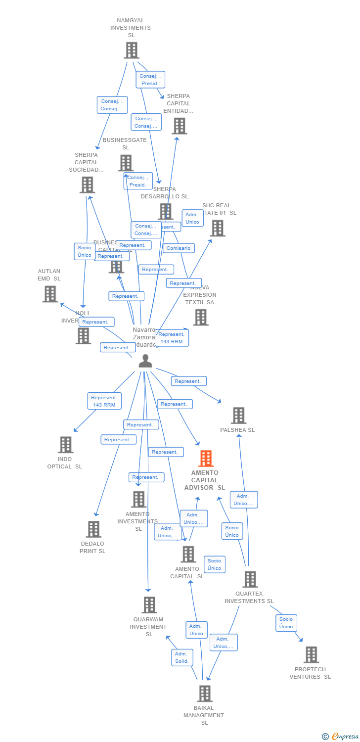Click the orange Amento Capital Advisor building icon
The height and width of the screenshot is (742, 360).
point(206,459)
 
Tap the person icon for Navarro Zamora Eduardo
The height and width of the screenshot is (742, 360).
point(145,361)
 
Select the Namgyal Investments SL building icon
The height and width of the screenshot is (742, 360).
point(131,50)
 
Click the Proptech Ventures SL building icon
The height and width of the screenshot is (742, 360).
point(311,654)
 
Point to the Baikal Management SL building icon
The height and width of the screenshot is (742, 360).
point(205,694)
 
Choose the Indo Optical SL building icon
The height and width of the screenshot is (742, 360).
point(65,445)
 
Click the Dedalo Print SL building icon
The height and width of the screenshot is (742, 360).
point(93,529)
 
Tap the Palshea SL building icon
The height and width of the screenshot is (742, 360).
point(238,416)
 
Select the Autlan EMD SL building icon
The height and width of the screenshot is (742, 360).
point(50,294)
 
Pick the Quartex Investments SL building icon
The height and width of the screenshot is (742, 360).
point(250,579)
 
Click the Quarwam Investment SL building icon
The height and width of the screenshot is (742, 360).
point(149,604)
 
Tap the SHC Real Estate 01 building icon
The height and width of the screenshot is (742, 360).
point(218,228)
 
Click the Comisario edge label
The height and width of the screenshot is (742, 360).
point(179,248)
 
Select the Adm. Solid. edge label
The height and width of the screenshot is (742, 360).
point(182,657)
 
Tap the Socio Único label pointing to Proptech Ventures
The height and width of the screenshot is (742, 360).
point(286,623)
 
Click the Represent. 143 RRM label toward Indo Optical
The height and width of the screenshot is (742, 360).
point(104,401)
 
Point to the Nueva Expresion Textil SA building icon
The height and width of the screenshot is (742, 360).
point(200,318)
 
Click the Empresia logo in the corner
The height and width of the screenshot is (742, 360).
point(340,737)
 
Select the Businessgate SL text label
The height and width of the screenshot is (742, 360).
point(125,143)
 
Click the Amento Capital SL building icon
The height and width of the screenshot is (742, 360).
point(188,554)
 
